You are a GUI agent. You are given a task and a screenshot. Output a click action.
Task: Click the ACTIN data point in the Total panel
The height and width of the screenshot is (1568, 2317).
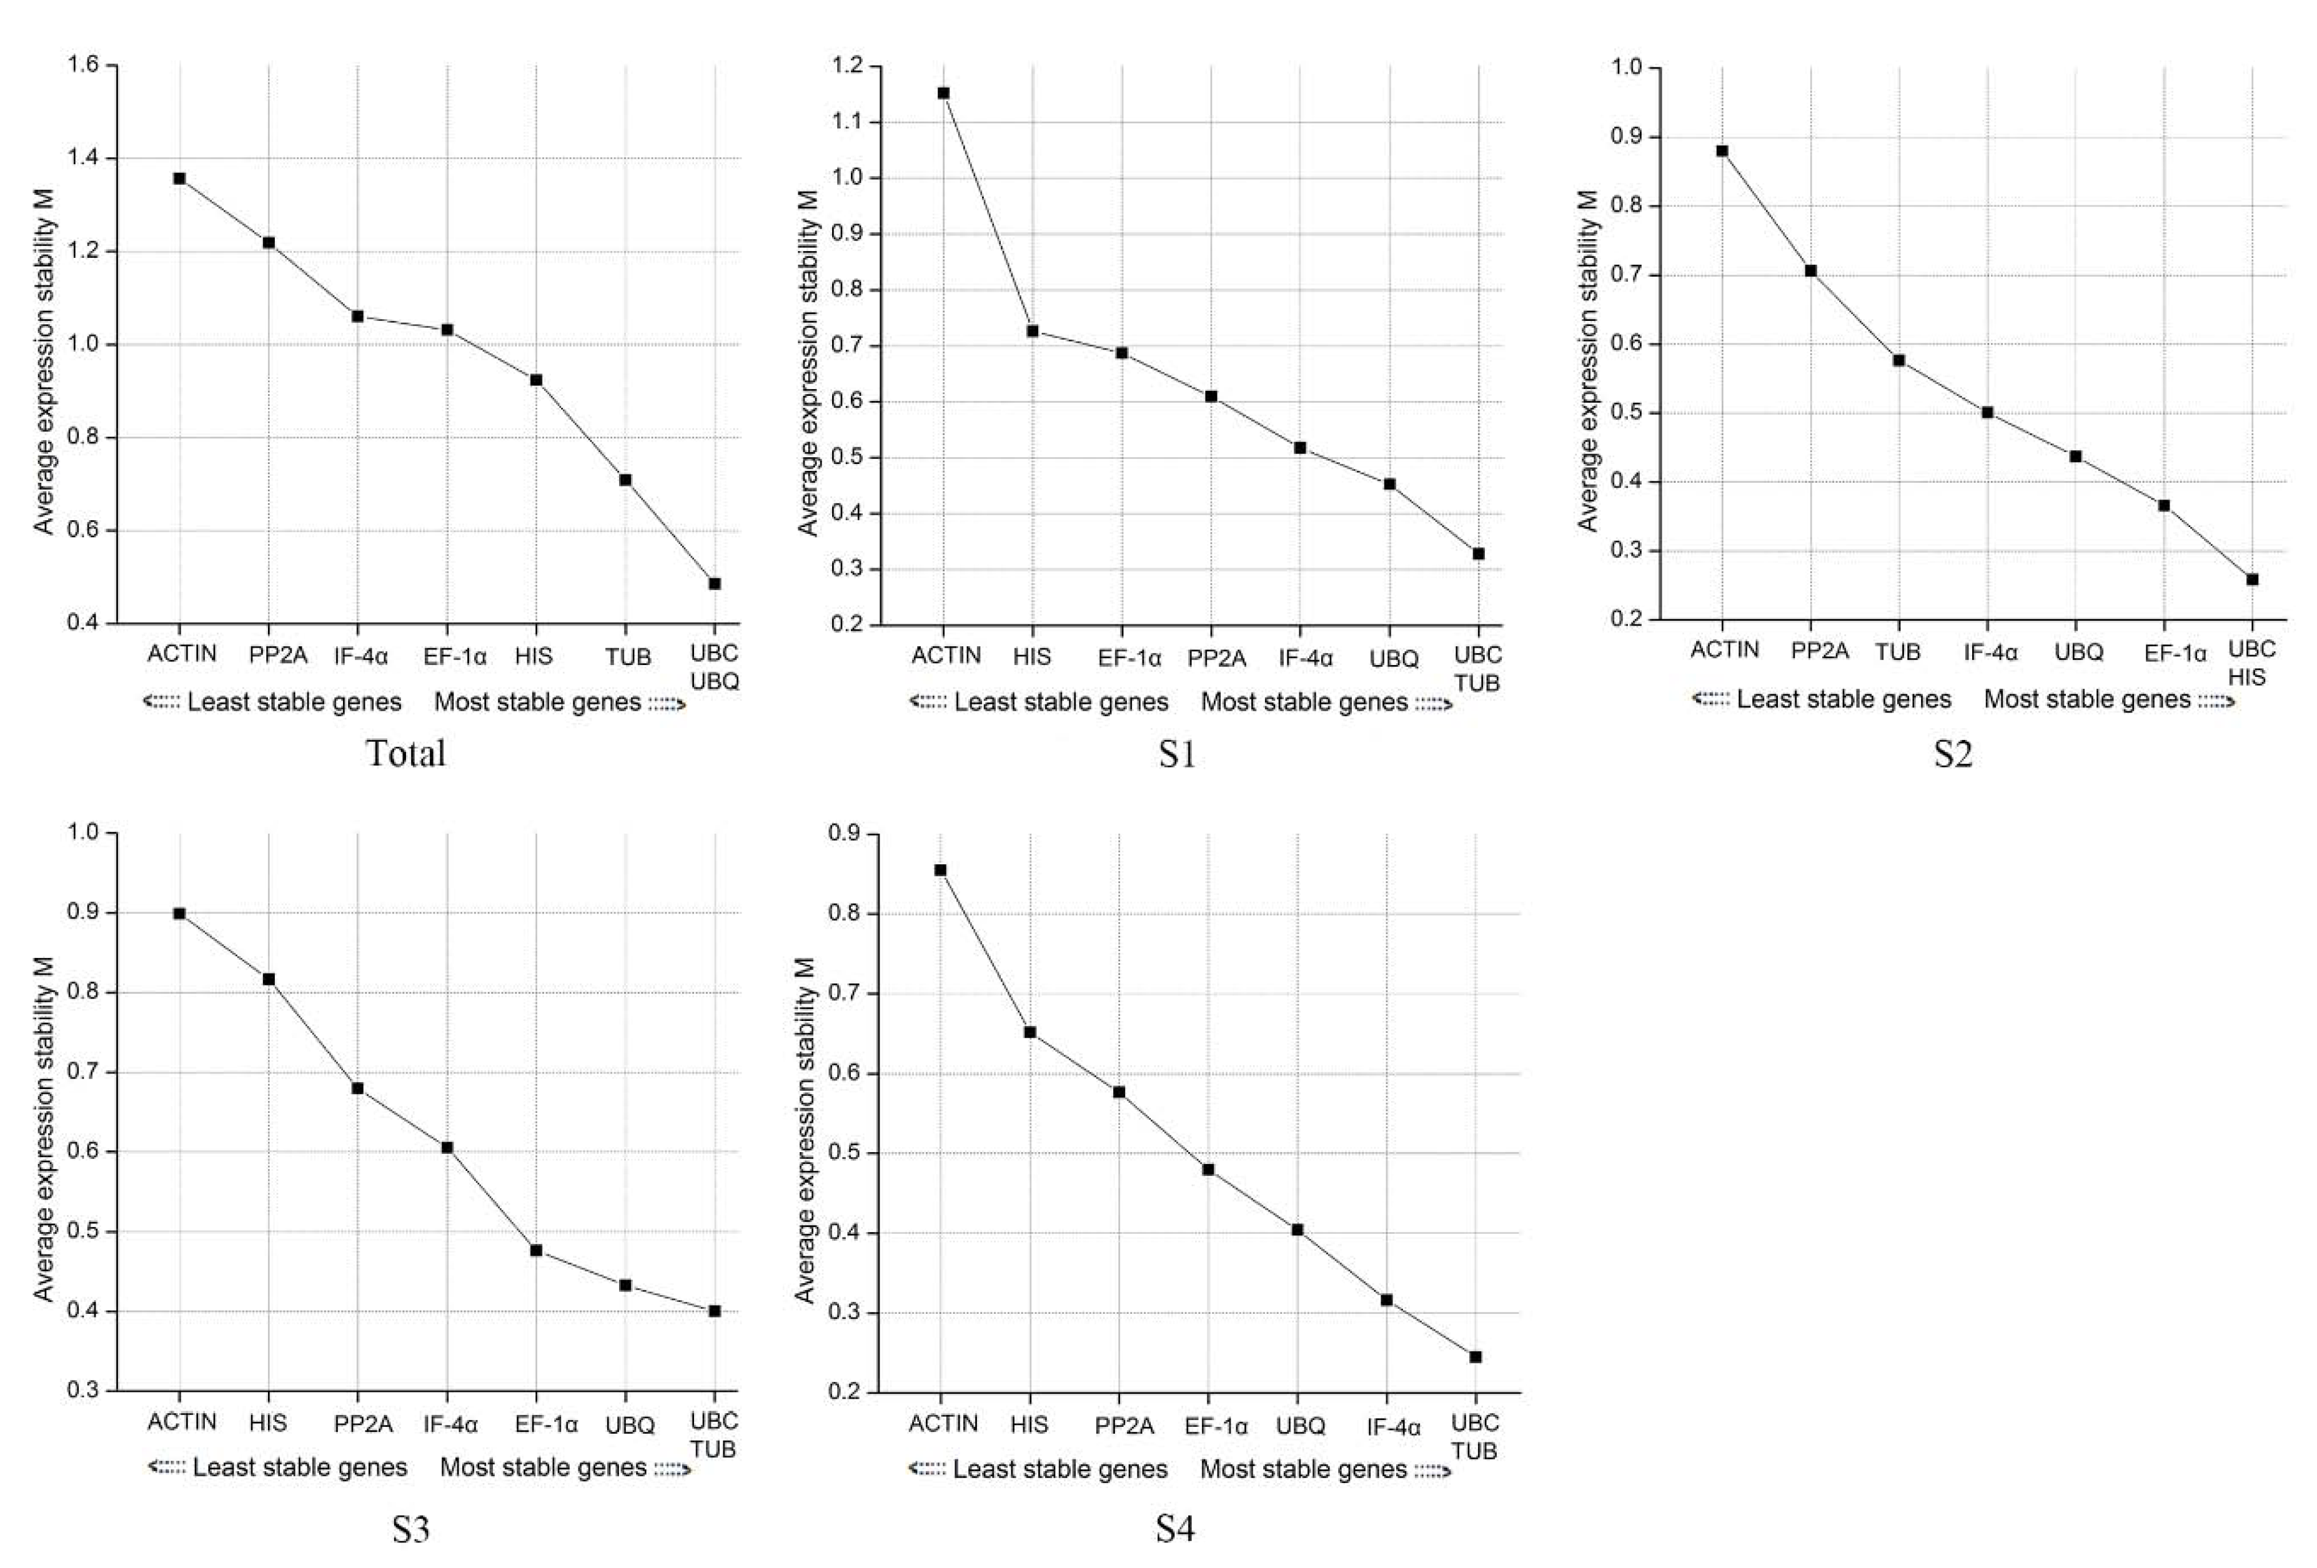pyautogui.click(x=179, y=179)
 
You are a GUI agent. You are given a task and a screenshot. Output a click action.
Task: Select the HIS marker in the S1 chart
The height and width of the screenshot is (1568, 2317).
pyautogui.click(x=1033, y=331)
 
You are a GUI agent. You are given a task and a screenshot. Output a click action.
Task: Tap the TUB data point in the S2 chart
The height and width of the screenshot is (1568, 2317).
pyautogui.click(x=1899, y=361)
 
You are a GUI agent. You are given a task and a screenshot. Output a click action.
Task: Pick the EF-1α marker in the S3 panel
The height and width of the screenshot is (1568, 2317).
pyautogui.click(x=537, y=1250)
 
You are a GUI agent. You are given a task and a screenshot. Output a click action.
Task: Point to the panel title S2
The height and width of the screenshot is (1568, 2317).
pyautogui.click(x=1953, y=754)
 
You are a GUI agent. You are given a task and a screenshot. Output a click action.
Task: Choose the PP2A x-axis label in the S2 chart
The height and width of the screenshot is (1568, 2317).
pyautogui.click(x=1820, y=651)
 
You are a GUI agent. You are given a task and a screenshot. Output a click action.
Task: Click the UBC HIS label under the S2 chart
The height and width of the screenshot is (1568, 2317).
pyautogui.click(x=2252, y=663)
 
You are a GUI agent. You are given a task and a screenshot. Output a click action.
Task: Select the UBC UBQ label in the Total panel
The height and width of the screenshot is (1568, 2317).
pyautogui.click(x=714, y=667)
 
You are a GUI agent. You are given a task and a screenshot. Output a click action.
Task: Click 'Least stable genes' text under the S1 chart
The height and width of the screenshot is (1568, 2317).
pyautogui.click(x=1061, y=702)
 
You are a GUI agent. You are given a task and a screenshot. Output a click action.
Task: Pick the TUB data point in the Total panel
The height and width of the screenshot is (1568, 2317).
pyautogui.click(x=625, y=480)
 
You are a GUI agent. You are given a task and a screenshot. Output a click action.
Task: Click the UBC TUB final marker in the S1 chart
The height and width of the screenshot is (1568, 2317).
pyautogui.click(x=1479, y=553)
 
